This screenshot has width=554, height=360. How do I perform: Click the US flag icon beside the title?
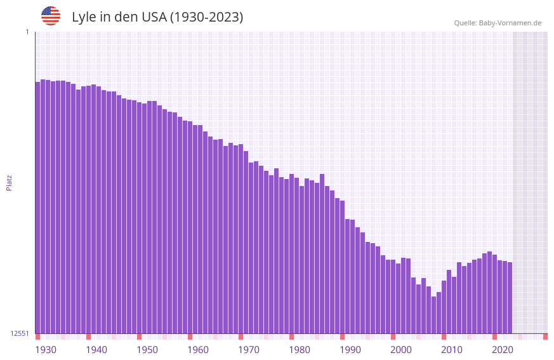[x=51, y=16]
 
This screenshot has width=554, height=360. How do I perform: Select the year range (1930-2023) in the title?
[x=207, y=17]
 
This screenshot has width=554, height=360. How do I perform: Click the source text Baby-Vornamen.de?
[x=510, y=23]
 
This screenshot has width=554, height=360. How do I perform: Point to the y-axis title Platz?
[x=9, y=182]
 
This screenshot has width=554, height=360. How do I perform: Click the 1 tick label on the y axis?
[x=27, y=32]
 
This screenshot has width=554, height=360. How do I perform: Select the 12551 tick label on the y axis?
[x=20, y=333]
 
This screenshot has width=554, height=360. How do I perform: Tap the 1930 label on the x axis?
[x=46, y=350]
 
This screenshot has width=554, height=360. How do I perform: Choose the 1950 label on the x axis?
[x=147, y=350]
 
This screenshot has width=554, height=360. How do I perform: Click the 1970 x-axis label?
[x=249, y=350]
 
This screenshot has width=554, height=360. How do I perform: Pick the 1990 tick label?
[x=350, y=350]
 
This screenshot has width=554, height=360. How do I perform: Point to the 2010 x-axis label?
[x=452, y=350]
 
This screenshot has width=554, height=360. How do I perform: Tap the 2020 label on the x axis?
[x=503, y=350]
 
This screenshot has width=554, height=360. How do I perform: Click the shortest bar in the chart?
[x=433, y=315]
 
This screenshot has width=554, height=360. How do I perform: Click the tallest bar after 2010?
[x=489, y=292]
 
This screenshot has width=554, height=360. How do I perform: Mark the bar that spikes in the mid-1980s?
[x=322, y=253]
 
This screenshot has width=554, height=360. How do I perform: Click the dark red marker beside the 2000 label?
[x=393, y=337]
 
